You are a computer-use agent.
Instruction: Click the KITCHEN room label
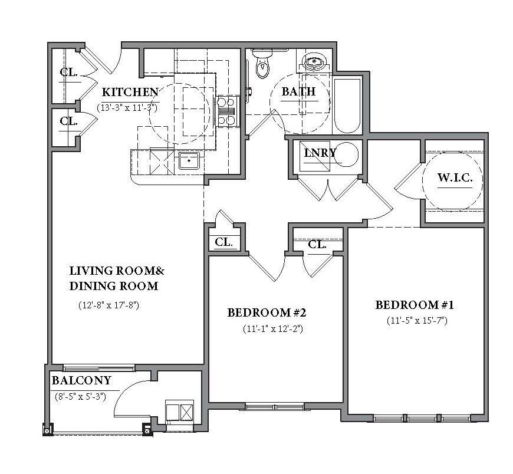(x=130, y=92)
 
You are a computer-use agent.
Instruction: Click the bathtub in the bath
(x=347, y=105)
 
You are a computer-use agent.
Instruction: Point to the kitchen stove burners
(x=227, y=111)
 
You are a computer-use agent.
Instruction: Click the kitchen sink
(x=189, y=160)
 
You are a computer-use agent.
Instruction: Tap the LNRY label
(x=320, y=153)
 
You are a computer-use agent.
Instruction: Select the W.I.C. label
(x=455, y=177)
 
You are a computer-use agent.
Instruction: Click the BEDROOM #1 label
(x=414, y=305)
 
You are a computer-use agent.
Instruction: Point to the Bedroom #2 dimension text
(x=273, y=328)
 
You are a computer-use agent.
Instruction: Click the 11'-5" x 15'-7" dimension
(x=417, y=320)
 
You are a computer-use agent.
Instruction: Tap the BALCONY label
(x=81, y=380)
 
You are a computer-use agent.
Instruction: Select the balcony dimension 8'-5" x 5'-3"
(x=80, y=397)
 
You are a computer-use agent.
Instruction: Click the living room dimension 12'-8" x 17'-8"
(x=109, y=305)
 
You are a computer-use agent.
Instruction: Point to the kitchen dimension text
(x=127, y=108)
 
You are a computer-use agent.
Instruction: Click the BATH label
(x=299, y=91)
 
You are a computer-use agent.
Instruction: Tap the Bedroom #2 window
(x=275, y=407)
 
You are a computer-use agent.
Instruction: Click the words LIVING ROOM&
(x=117, y=271)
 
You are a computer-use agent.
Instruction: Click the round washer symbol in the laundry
(x=347, y=154)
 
